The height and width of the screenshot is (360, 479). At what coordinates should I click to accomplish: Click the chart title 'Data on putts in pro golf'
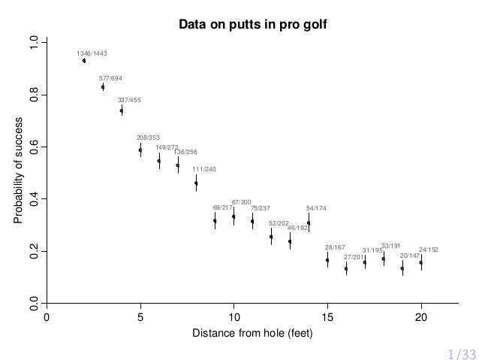pos(252,26)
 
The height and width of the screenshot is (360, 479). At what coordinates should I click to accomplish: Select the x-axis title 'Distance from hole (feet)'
pos(252,333)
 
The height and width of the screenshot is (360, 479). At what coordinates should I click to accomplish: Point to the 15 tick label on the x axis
pos(327,316)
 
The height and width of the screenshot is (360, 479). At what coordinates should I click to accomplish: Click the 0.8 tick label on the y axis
pos(32,95)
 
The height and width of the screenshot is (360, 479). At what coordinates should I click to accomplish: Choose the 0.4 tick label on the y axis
pos(32,199)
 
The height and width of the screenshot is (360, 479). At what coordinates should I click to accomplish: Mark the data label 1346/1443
pos(92,54)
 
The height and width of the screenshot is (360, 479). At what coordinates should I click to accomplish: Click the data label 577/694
pos(111,78)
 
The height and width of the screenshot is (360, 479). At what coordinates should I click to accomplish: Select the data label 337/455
pos(129,100)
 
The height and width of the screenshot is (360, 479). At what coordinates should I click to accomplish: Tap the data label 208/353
pos(148,138)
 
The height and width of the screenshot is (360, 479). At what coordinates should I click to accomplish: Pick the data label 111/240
pos(204,169)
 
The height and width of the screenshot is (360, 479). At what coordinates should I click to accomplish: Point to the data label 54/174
pos(316,207)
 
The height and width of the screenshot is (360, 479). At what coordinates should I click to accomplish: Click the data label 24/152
pos(429,249)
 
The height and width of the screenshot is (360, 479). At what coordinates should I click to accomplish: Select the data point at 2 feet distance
pos(84,61)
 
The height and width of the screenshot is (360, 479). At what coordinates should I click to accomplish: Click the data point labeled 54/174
pos(309,222)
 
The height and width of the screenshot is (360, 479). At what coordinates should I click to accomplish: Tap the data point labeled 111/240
pos(196,183)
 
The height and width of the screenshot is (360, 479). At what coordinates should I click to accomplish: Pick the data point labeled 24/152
pos(420,262)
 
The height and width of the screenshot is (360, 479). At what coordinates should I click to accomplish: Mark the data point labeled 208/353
pos(140,150)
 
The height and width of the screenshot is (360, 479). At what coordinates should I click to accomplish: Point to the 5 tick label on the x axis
pos(140,316)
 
